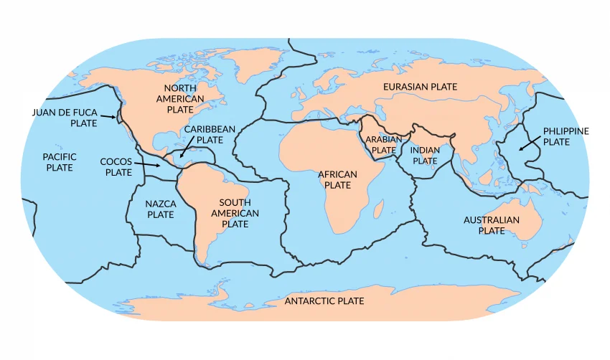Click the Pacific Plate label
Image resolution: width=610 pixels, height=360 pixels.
(60, 162)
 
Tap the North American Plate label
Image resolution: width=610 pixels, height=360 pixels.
(181, 98)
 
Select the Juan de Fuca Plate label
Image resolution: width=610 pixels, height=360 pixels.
(65, 118)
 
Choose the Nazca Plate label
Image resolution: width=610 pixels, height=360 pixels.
(160, 209)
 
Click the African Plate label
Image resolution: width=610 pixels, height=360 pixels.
(337, 179)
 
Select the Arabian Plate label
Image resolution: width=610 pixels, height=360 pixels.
(383, 145)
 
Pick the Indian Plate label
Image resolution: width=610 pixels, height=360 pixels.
(425, 156)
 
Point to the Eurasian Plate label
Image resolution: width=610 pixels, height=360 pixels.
(420, 87)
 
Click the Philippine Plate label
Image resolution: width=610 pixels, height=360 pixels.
(566, 136)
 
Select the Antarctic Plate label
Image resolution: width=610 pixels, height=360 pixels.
(324, 301)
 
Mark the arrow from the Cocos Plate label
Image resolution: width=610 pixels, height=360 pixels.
(149, 166)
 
